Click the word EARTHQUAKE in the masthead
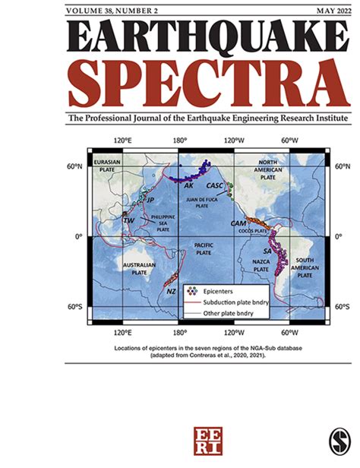point(179,38)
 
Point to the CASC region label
point(215,186)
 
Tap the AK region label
point(188,185)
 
